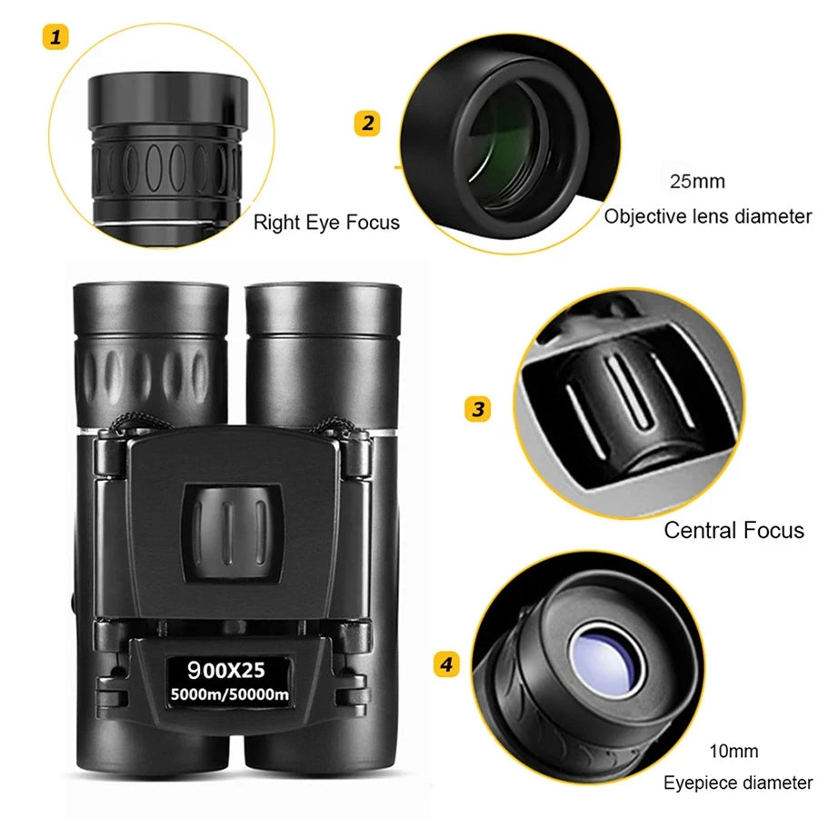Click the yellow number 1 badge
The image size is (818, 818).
pyautogui.click(x=57, y=37)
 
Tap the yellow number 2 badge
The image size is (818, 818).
pyautogui.click(x=366, y=123)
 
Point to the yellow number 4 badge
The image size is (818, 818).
pyautogui.click(x=444, y=665)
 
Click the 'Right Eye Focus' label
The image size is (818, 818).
pyautogui.click(x=325, y=223)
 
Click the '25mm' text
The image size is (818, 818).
pyautogui.click(x=697, y=181)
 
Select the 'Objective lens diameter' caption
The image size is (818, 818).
pyautogui.click(x=707, y=216)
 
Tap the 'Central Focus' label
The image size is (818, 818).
pyautogui.click(x=733, y=530)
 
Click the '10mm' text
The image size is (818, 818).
pyautogui.click(x=733, y=752)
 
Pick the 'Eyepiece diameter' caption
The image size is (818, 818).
pyautogui.click(x=737, y=783)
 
